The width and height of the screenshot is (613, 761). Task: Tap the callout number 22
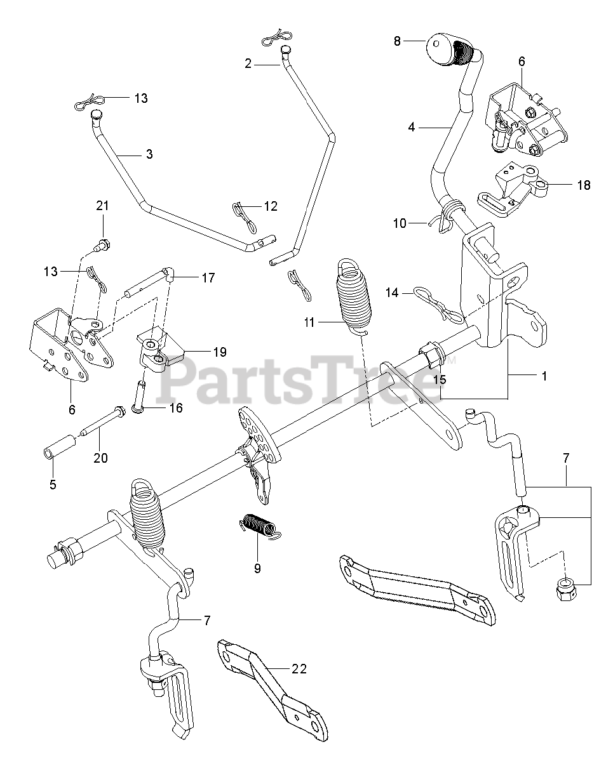pyautogui.click(x=299, y=669)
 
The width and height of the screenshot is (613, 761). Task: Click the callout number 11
pyautogui.click(x=309, y=323)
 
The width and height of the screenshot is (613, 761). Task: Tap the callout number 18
pyautogui.click(x=583, y=185)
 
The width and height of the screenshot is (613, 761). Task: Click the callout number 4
pyautogui.click(x=412, y=127)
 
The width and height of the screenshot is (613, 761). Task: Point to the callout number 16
pyautogui.click(x=176, y=407)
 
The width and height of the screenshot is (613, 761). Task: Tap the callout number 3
pyautogui.click(x=149, y=154)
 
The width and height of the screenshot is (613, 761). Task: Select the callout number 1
pyautogui.click(x=544, y=376)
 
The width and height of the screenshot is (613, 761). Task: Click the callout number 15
pyautogui.click(x=439, y=380)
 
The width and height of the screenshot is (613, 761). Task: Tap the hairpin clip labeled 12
pyautogui.click(x=243, y=213)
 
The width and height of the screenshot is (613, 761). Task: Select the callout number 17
pyautogui.click(x=208, y=277)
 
